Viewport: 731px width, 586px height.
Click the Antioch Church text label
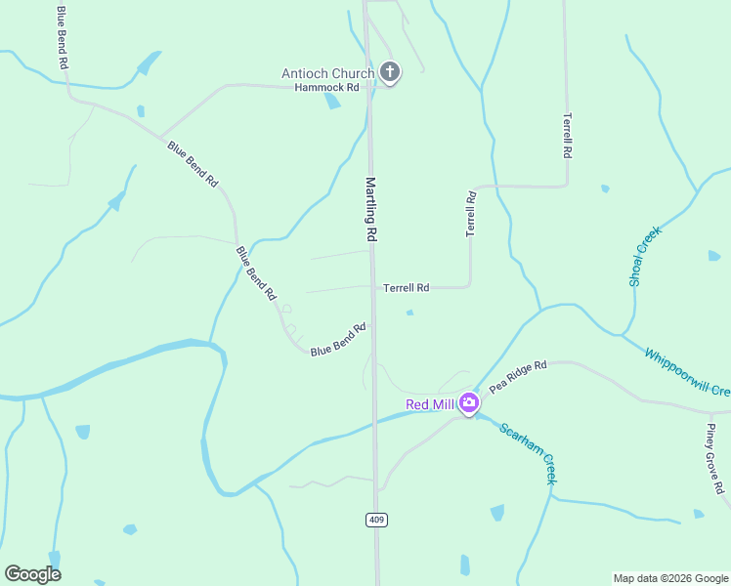(327, 73)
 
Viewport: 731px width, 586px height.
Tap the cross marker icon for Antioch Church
(390, 71)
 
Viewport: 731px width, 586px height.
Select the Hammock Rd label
(327, 87)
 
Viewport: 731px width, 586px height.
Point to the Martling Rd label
(371, 209)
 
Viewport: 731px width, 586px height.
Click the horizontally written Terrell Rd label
(406, 288)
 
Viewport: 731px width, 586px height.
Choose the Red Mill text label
(431, 404)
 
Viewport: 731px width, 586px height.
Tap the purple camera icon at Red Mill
(469, 402)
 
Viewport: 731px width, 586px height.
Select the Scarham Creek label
(528, 454)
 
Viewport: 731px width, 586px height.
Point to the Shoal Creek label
(645, 256)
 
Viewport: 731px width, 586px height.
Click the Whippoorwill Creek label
(687, 371)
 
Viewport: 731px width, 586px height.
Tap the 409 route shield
(376, 520)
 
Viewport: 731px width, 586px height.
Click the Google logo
(32, 574)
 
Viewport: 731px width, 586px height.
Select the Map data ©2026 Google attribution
(670, 578)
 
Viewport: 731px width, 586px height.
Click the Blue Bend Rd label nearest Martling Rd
(337, 339)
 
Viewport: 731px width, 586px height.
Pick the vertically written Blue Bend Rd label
(64, 37)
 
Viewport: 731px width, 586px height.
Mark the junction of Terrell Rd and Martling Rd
(372, 287)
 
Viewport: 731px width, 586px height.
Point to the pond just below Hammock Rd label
(333, 101)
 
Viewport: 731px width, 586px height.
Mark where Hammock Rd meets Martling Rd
(369, 87)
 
